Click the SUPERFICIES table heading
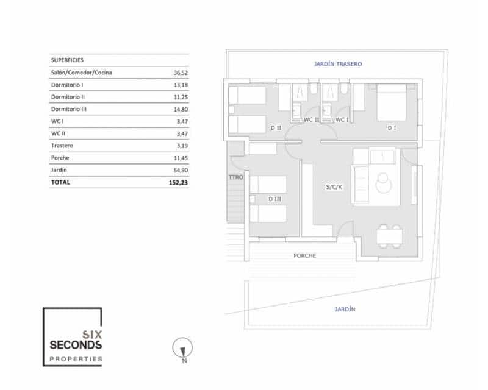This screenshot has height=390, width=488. coord(66,60)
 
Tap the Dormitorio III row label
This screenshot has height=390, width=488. coord(68,109)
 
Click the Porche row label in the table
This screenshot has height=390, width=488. coord(60,158)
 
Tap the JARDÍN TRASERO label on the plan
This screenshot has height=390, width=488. coord(338,63)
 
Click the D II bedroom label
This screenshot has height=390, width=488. coord(276,128)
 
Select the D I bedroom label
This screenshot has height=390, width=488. coord(392,128)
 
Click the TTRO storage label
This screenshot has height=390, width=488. coord(236,177)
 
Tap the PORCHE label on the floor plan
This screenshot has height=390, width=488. coord(304,255)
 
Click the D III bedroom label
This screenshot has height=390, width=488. coord(274,199)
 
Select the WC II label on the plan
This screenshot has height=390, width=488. coord(312,119)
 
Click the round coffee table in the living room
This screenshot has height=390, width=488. coord(384,183)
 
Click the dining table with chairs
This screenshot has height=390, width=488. coord(389,236)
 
